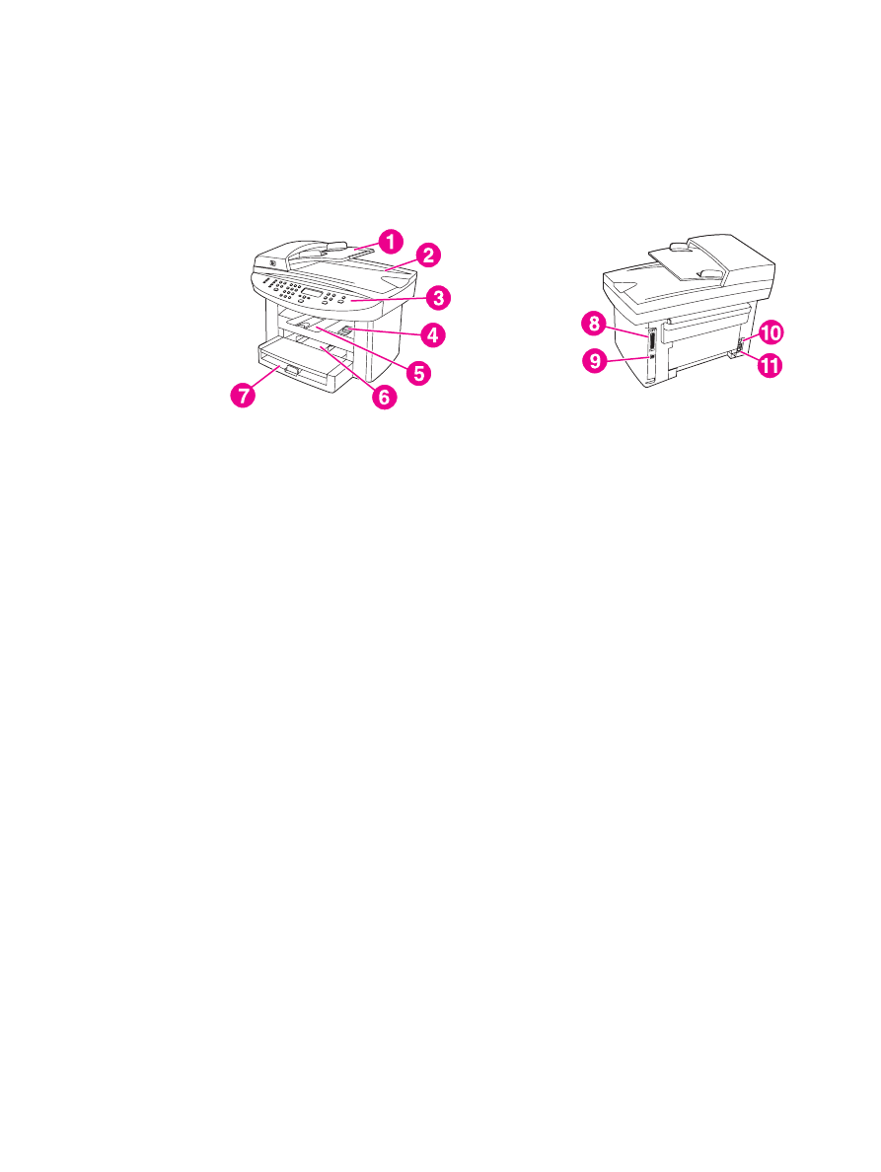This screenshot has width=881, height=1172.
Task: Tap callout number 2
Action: click(x=427, y=255)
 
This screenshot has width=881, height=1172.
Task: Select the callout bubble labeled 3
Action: click(x=440, y=296)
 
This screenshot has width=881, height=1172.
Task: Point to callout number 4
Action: click(x=431, y=334)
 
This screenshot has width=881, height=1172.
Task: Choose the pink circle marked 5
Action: click(x=419, y=373)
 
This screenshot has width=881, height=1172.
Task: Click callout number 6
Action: click(x=382, y=397)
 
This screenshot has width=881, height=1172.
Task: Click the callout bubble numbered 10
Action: click(x=770, y=330)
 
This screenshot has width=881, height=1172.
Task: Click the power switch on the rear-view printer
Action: click(x=738, y=345)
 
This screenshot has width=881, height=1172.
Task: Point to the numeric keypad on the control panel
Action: click(x=289, y=292)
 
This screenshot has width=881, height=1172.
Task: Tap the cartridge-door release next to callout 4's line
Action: click(x=346, y=331)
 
